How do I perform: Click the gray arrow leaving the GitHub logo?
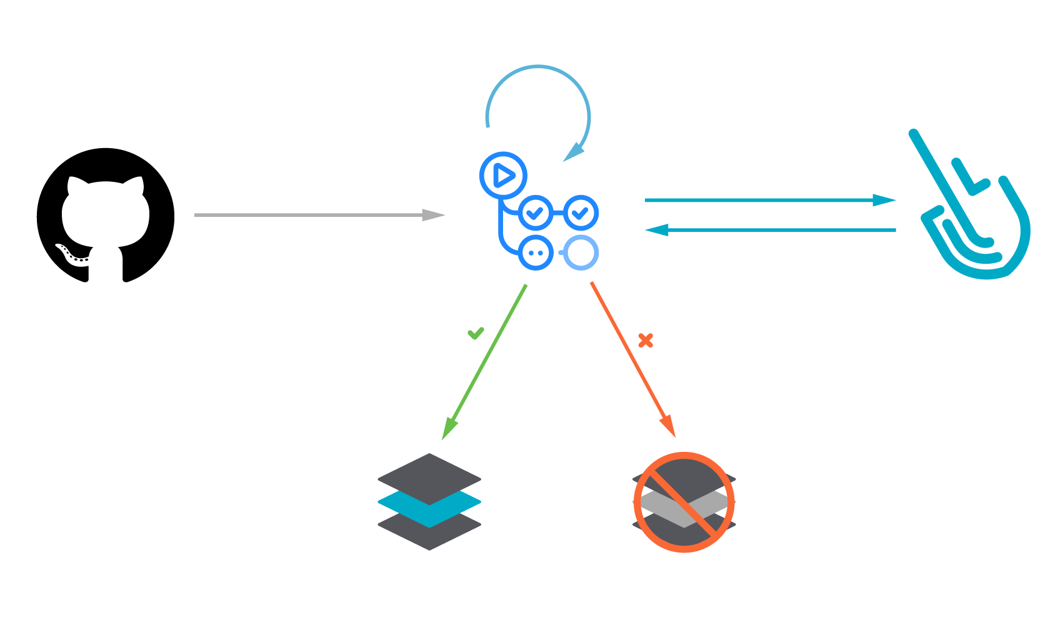(x=312, y=215)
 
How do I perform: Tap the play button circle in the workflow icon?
(x=503, y=176)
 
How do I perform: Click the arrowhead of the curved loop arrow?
(x=574, y=152)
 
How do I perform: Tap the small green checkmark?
(x=476, y=333)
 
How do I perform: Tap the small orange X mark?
(x=646, y=340)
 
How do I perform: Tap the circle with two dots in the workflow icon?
(x=536, y=253)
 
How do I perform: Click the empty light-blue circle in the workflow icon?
(x=581, y=252)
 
